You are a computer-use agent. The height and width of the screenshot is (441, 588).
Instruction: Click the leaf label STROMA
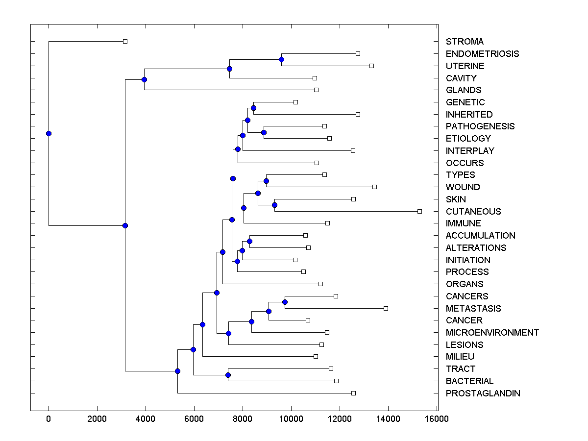[x=465, y=42]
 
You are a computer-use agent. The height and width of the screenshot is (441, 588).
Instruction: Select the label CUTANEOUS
[x=473, y=211]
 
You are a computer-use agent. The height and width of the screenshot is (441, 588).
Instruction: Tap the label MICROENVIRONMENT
[x=492, y=333]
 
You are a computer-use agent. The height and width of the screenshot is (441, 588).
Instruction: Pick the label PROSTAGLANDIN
[x=483, y=393]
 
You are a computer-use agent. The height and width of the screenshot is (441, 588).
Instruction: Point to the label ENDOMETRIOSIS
[x=482, y=54]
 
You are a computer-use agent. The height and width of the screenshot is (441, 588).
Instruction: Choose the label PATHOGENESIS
[x=480, y=126]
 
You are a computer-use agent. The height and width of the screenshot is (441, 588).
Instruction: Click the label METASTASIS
[x=473, y=309]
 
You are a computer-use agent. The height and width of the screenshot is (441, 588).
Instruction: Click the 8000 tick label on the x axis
[x=242, y=419]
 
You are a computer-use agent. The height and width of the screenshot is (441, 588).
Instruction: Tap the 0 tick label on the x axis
[x=49, y=419]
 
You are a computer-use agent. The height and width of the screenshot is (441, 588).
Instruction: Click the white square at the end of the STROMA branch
[x=125, y=42]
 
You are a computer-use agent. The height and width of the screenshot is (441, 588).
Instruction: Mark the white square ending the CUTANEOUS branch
[x=419, y=211]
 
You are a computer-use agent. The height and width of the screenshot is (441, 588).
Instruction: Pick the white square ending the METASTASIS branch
[x=386, y=308]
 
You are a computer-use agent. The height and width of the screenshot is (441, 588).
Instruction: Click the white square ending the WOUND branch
[x=374, y=187]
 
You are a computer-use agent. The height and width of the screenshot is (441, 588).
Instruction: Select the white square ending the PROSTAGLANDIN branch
[x=353, y=393]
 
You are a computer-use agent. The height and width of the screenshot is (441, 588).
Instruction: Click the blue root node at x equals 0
[x=49, y=133]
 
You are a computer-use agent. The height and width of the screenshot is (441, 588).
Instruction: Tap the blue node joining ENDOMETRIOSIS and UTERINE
[x=281, y=60]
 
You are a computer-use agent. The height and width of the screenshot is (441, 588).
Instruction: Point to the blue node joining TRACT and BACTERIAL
[x=228, y=375]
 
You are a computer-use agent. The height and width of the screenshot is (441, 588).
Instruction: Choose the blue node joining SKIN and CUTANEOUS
[x=275, y=205]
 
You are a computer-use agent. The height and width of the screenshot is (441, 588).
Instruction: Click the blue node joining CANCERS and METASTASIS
[x=285, y=302]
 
